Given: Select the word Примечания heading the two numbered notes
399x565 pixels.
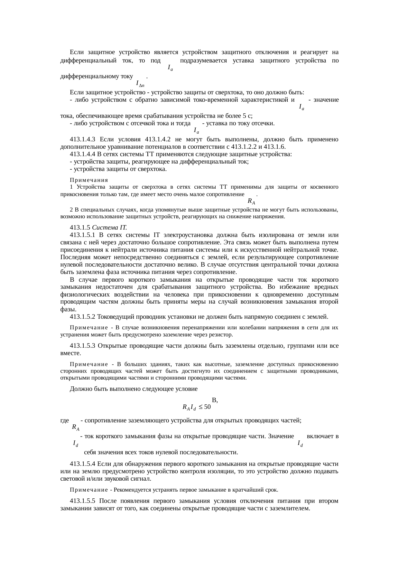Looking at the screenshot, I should (89, 180).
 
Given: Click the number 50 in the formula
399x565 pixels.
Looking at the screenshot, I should (208, 407).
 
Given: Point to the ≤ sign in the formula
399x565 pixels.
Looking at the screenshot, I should (200, 407).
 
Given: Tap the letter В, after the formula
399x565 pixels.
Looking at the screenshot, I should (215, 400).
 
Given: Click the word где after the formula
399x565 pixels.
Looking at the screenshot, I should (65, 420).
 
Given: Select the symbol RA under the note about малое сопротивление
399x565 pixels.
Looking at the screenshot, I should (251, 202).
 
